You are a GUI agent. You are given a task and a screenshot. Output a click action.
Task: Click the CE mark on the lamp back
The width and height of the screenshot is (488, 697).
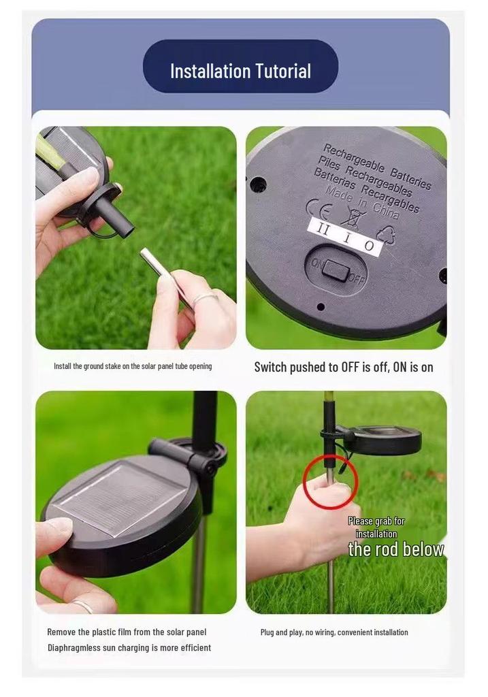(x=319, y=209)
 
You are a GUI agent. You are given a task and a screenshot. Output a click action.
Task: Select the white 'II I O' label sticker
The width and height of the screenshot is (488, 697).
(x=345, y=236)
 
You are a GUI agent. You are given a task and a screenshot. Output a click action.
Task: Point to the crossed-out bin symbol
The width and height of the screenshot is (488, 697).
(x=353, y=217)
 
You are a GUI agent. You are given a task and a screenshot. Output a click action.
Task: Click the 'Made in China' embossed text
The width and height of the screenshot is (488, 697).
(x=361, y=203)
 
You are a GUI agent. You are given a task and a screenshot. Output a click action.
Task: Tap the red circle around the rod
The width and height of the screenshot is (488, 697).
(x=330, y=481)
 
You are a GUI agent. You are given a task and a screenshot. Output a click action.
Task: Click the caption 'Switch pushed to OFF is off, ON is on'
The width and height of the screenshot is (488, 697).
(x=344, y=367)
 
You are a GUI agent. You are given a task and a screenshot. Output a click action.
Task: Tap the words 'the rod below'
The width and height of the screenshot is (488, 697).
(x=396, y=549)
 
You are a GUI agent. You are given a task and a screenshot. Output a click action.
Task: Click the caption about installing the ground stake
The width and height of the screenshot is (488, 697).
(x=133, y=366)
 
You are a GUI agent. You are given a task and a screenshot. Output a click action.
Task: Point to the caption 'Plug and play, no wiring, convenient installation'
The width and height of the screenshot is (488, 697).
(x=334, y=632)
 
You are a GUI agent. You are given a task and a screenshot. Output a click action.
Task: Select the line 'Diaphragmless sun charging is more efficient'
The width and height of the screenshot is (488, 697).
(x=129, y=648)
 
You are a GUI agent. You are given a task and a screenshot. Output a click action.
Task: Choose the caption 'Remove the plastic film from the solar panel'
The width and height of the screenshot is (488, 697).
(x=127, y=632)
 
